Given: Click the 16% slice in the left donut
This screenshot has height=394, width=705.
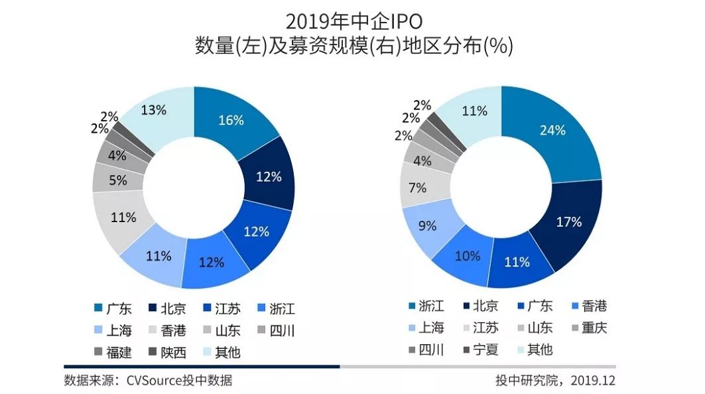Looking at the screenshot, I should point(231,120).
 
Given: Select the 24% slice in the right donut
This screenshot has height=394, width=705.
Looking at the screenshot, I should point(552,130).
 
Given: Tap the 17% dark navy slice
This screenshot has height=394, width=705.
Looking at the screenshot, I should point(568,222).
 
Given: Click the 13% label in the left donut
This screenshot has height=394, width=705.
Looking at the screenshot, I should point(153,109).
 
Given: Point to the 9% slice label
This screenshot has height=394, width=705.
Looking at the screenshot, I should point(428,226).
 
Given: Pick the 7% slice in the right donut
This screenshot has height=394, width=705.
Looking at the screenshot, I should point(417,188).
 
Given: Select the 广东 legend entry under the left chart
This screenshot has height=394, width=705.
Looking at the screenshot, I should point(113,309).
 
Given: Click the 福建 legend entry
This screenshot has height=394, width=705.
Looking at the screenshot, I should point(113,352).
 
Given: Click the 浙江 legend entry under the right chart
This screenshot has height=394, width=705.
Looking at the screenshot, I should point(424,306).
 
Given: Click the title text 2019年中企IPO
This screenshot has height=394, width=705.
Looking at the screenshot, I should point(352,21).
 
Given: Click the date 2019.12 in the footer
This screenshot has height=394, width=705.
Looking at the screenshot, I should point(594,381).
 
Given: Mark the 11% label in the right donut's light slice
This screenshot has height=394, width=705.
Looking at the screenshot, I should point(475,111).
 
